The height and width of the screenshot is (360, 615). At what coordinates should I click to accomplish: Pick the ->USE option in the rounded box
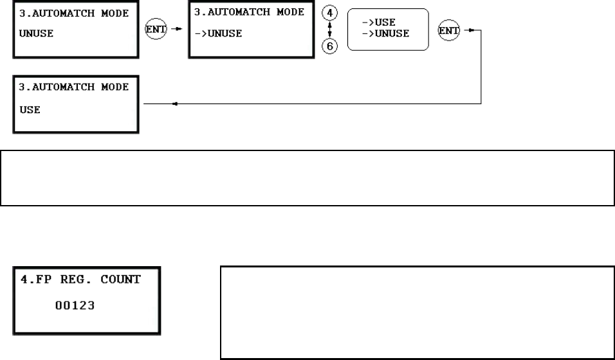click(x=379, y=22)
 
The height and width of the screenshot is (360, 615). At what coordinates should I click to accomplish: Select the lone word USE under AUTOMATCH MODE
click(x=30, y=110)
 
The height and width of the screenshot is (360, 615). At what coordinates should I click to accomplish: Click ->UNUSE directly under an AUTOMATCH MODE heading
click(x=218, y=34)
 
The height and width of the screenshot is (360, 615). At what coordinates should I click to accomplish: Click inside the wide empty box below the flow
click(x=307, y=178)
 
